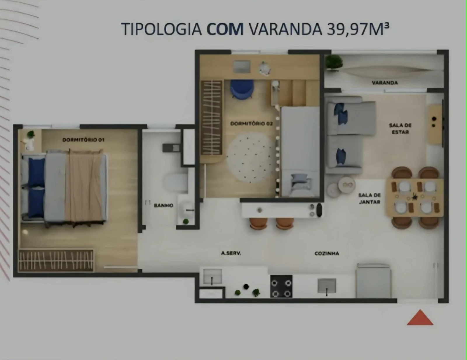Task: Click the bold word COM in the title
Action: (x=225, y=29)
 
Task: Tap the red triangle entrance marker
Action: (x=420, y=317)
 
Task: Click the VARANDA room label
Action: (x=385, y=83)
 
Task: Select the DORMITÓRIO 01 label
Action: (x=83, y=140)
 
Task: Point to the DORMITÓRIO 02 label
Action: (x=251, y=124)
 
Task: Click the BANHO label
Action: (x=163, y=206)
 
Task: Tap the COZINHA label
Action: (x=327, y=253)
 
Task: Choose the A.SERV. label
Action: (x=231, y=253)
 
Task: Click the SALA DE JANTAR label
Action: (x=370, y=198)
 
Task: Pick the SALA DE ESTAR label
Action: (x=400, y=128)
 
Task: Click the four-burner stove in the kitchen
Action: (x=281, y=286)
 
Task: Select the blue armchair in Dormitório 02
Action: (x=242, y=89)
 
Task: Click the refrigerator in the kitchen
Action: (x=373, y=281)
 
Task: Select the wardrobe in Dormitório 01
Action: (x=56, y=260)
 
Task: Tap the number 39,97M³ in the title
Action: (x=358, y=29)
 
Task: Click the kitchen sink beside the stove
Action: (x=327, y=286)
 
